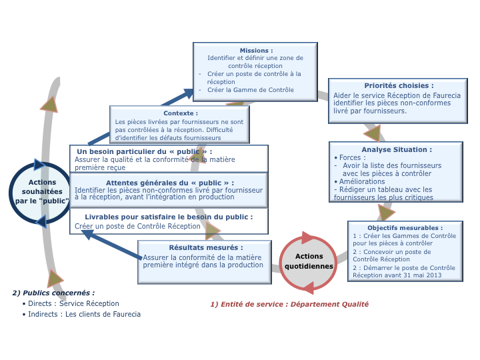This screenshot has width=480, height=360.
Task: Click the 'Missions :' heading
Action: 256,51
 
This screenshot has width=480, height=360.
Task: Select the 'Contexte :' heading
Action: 180,113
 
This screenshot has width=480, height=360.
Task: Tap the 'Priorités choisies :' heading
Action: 399,85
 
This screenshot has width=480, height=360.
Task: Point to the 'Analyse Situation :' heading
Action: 397,149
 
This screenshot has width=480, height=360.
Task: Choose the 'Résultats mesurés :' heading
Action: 205,247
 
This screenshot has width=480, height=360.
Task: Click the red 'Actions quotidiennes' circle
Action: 309,261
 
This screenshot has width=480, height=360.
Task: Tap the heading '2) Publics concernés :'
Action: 53,293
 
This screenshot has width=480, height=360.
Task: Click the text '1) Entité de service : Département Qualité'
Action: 289,304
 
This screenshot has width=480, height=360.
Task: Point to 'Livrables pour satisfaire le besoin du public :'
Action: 169,217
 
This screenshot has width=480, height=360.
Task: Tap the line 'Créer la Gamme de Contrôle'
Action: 250,89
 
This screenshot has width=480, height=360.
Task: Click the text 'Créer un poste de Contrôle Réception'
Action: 137,226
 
